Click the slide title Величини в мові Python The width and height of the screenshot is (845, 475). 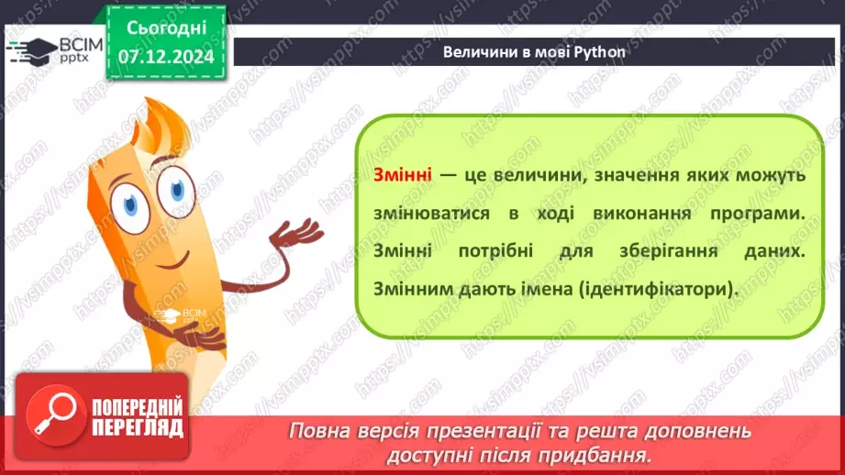[534, 51]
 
